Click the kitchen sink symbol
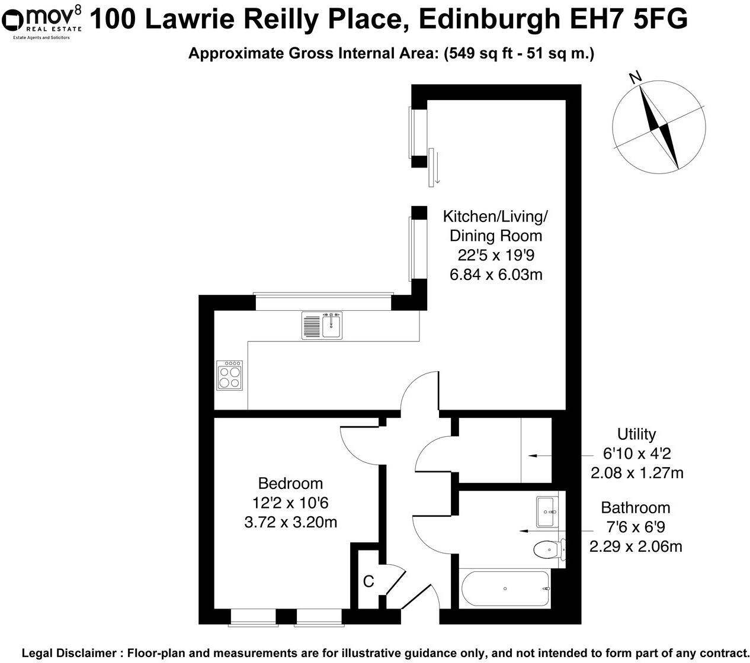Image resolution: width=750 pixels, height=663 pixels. (x=322, y=325)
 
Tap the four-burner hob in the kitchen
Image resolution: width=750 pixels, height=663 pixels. (x=230, y=375)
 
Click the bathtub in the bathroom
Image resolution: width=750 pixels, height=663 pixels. (x=505, y=588)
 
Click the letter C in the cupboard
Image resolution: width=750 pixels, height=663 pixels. (x=368, y=582)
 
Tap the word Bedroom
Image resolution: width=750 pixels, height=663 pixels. (x=290, y=484)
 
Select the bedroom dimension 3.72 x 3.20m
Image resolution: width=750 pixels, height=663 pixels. (x=290, y=522)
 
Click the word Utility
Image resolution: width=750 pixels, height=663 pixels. (x=636, y=434)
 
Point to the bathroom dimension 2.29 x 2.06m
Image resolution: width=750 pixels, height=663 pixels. (x=636, y=546)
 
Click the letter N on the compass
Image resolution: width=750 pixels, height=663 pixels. (x=636, y=78)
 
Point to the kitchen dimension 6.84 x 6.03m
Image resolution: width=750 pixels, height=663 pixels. (x=495, y=275)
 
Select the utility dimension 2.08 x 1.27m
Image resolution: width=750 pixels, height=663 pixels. (x=637, y=473)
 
